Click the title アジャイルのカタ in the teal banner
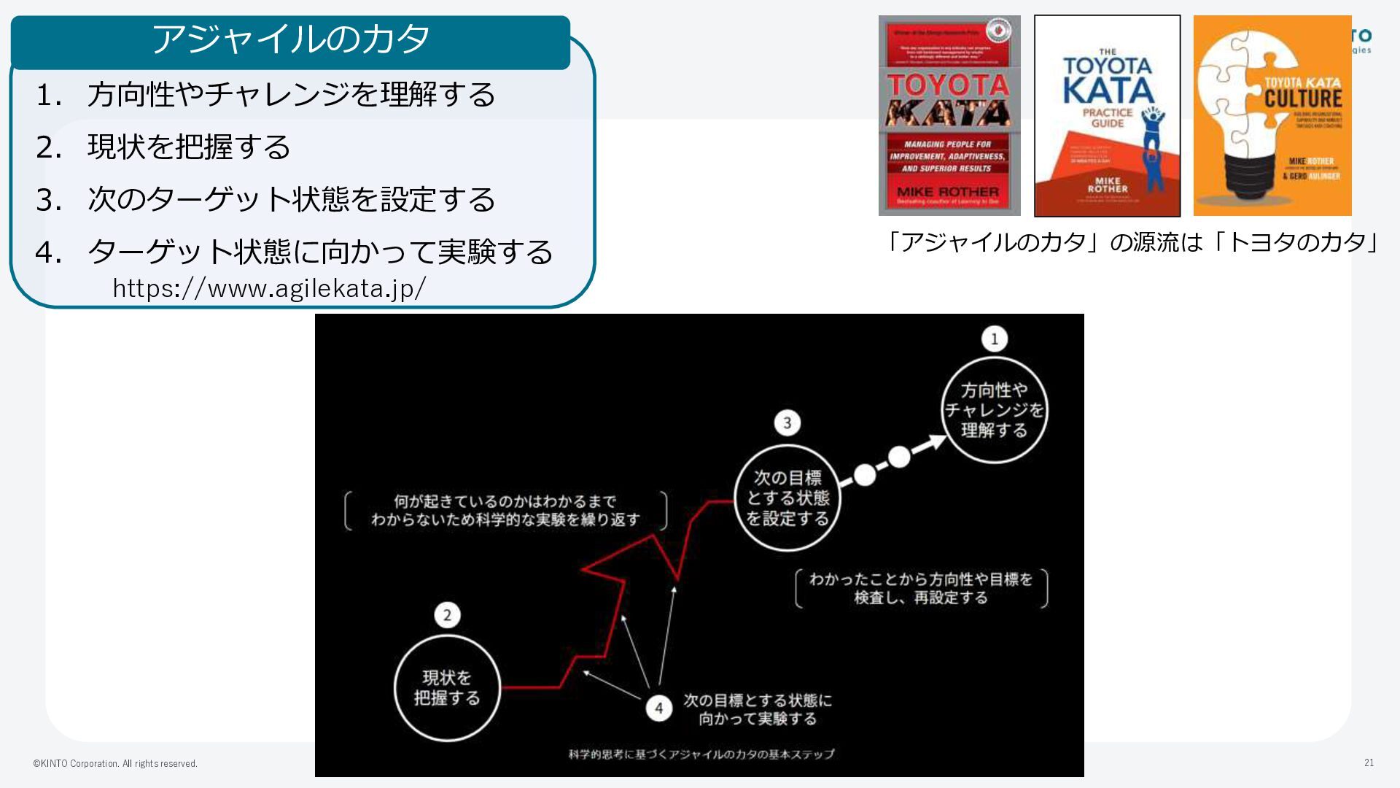click(290, 39)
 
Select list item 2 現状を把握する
click(188, 147)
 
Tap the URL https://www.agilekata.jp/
click(269, 289)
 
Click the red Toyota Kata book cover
click(949, 116)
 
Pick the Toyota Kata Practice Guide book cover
click(1107, 116)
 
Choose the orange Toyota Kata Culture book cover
click(1272, 116)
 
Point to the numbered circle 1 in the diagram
click(995, 339)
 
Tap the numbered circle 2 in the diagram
click(447, 615)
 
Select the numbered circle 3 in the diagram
click(787, 423)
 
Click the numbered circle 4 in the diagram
click(659, 708)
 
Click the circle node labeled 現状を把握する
click(447, 688)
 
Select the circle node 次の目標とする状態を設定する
click(787, 498)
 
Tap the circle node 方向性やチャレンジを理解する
click(995, 410)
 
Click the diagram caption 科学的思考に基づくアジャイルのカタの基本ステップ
click(701, 754)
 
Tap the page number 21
click(1369, 762)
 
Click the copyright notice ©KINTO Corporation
click(115, 764)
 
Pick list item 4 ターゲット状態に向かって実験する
click(319, 252)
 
